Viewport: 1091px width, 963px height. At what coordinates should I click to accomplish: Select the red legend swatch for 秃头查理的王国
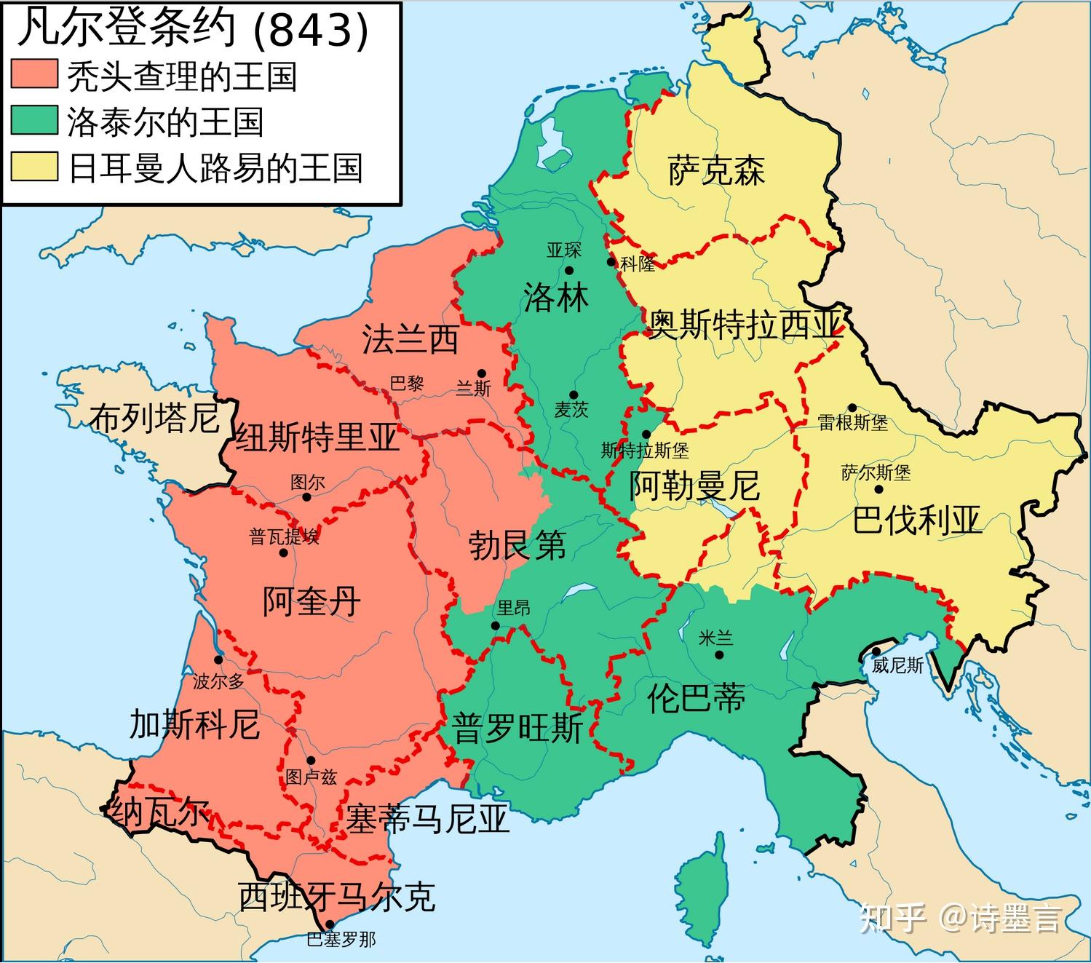tap(34, 75)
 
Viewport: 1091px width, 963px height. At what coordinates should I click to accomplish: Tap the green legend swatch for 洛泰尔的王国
tap(34, 121)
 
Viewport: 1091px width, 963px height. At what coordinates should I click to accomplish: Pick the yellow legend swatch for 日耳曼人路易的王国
tap(34, 167)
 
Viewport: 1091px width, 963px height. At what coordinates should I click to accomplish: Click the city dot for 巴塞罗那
tap(330, 924)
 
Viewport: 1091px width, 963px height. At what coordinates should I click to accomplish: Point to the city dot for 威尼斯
tap(877, 651)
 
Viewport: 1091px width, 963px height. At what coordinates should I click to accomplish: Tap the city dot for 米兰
tap(719, 654)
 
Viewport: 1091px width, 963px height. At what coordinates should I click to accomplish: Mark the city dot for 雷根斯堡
tap(852, 408)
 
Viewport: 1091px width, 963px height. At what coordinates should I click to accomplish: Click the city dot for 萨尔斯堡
tap(878, 490)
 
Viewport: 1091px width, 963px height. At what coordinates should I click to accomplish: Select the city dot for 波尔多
tap(218, 659)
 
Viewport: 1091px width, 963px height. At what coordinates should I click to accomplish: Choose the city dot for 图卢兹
tap(311, 760)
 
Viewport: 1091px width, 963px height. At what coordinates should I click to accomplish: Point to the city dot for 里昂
tap(495, 625)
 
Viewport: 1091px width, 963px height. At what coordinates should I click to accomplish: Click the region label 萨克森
tap(716, 171)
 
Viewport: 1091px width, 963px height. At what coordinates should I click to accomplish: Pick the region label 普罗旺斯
tap(517, 728)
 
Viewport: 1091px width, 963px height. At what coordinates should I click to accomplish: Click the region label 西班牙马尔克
tap(337, 897)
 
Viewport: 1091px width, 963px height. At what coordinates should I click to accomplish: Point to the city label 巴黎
tap(407, 384)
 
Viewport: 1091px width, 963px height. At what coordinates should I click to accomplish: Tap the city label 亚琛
tap(564, 250)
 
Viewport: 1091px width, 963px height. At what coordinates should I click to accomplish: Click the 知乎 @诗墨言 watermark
tap(961, 918)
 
